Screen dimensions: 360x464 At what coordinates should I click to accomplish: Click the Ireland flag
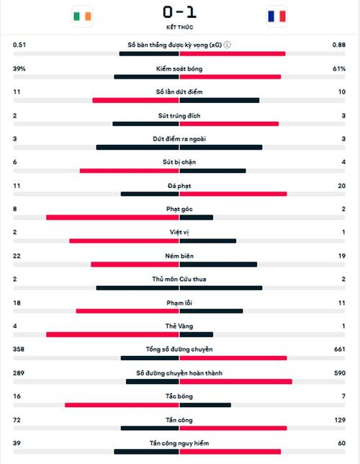(x=82, y=17)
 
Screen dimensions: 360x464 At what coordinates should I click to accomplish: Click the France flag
(x=277, y=17)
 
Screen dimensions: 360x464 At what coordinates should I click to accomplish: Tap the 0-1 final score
(x=179, y=12)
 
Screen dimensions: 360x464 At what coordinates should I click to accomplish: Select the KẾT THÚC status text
(x=179, y=27)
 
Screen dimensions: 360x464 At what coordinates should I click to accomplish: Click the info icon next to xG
(x=228, y=45)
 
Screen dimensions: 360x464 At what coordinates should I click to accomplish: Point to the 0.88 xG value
(x=338, y=45)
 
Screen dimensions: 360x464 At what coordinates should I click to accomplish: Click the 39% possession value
(x=19, y=68)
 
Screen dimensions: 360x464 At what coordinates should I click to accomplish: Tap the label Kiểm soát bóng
(x=179, y=69)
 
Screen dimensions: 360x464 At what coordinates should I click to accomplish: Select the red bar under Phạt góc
(x=113, y=218)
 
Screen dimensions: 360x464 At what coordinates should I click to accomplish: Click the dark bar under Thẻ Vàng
(x=197, y=335)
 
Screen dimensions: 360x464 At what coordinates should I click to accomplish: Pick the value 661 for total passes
(x=340, y=349)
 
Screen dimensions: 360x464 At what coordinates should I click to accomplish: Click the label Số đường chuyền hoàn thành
(x=179, y=373)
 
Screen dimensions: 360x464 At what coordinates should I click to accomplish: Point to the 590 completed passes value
(x=340, y=373)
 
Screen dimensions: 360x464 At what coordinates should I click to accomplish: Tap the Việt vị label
(x=179, y=232)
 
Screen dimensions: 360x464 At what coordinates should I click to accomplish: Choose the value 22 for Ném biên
(x=17, y=256)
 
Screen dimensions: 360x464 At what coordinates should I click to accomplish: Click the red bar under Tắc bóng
(x=122, y=405)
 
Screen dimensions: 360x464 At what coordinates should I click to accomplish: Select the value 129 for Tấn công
(x=340, y=420)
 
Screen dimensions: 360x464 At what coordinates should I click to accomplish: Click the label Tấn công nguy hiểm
(x=179, y=443)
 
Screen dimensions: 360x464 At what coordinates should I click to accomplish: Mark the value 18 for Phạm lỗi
(x=17, y=303)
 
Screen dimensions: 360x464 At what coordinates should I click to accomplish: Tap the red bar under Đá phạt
(x=233, y=194)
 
